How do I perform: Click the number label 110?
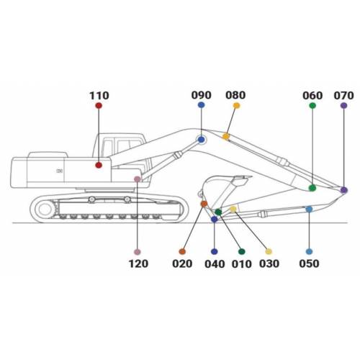pyautogui.click(x=99, y=96)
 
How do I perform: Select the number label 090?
pyautogui.click(x=201, y=95)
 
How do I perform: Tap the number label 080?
pyautogui.click(x=235, y=95)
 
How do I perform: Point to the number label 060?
pyautogui.click(x=312, y=96)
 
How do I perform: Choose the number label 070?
pyautogui.click(x=343, y=96)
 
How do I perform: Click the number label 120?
pyautogui.click(x=138, y=264)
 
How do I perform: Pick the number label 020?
pyautogui.click(x=182, y=264)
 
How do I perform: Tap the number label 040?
pyautogui.click(x=215, y=264)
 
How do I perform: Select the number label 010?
pyautogui.click(x=242, y=264)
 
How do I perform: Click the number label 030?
pyautogui.click(x=269, y=264)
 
